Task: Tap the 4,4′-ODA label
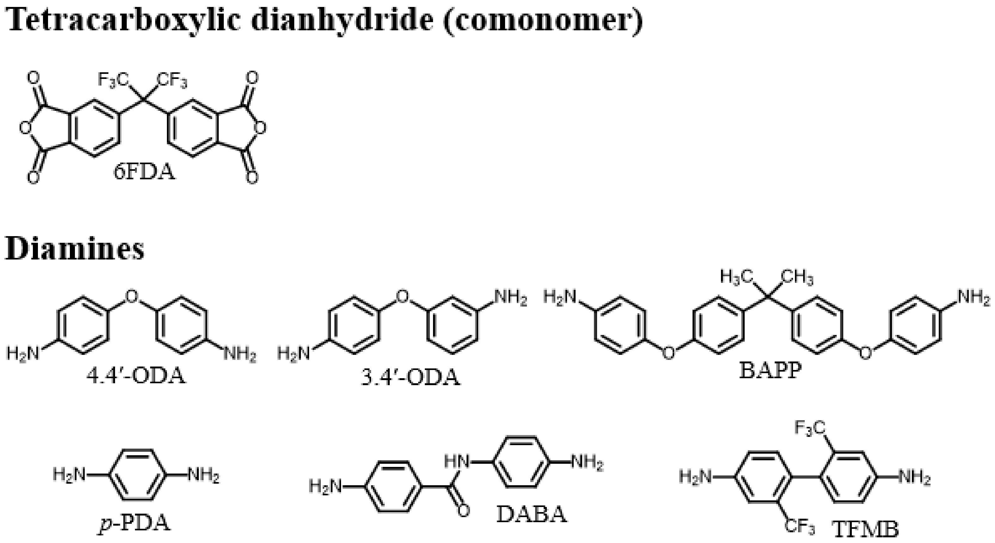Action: pos(136,376)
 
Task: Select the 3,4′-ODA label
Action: pos(410,378)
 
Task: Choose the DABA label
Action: pos(532,515)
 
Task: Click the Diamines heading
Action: pos(75,249)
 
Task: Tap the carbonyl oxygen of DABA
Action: pos(462,511)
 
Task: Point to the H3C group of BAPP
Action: pos(737,277)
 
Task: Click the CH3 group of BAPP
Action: pos(798,277)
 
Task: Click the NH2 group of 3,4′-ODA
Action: pos(511,298)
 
